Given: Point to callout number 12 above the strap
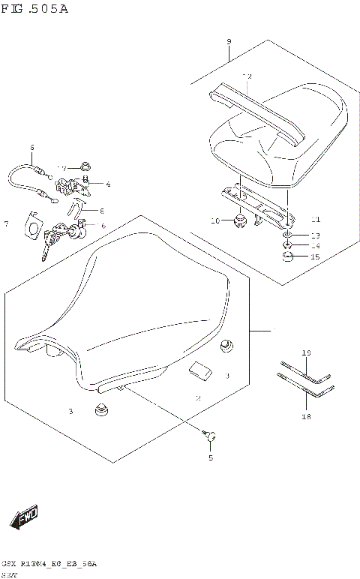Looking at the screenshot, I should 247,76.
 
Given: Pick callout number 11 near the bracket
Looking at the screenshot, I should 315,220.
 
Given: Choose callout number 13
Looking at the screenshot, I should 315,235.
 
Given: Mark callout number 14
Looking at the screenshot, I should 315,246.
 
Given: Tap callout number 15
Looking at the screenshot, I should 315,257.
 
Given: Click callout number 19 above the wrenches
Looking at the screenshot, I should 305,352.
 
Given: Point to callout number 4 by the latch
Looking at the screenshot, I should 108,184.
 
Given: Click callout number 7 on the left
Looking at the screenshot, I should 6,223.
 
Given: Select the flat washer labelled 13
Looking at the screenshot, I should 288,235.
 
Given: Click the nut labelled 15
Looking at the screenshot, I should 288,258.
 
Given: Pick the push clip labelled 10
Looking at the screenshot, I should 240,220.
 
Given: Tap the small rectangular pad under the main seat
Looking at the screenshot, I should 200,368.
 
